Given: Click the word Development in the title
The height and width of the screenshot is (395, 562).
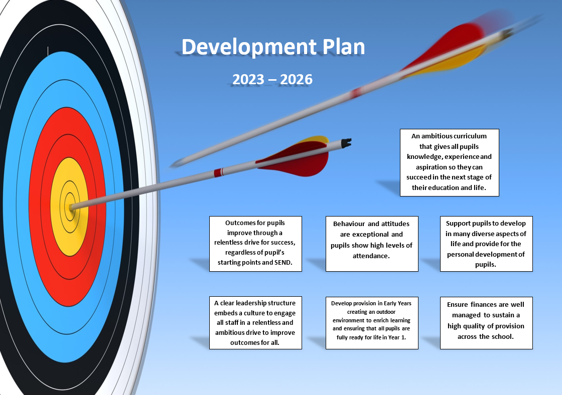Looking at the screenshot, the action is click(249, 47).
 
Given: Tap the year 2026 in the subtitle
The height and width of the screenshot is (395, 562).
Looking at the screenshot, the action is click(296, 79).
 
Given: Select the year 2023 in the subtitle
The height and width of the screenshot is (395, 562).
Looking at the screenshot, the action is click(248, 79).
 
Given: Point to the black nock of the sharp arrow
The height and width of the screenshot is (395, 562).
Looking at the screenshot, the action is click(346, 143).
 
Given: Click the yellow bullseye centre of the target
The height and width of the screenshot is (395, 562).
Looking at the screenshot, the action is click(70, 207).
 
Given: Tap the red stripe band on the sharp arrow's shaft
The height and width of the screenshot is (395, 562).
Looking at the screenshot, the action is click(219, 172).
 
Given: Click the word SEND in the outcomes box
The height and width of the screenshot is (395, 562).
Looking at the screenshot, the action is click(283, 263).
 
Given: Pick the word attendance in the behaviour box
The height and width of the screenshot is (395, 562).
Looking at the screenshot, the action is click(371, 256).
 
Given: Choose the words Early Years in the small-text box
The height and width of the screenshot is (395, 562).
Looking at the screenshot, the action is click(397, 303).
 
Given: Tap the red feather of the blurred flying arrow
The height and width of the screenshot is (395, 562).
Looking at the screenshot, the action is click(445, 47).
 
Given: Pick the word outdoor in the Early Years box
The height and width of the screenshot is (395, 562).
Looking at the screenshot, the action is click(385, 312).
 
